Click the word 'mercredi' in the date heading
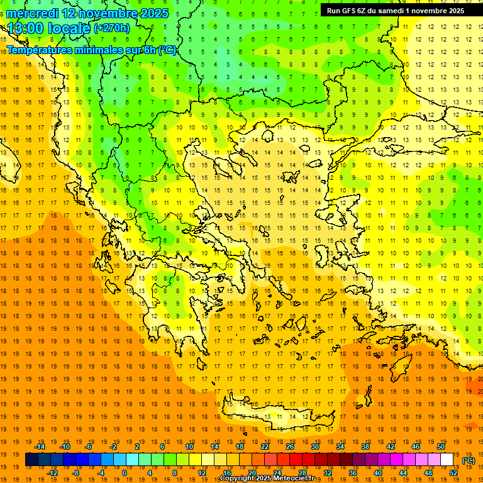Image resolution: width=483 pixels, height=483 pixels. [34, 13]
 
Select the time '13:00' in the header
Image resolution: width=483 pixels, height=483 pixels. [26, 28]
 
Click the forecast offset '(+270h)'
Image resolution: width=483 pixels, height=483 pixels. [112, 28]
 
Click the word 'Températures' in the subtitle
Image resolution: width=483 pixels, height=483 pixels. [39, 50]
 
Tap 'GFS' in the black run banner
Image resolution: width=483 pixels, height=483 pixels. [350, 11]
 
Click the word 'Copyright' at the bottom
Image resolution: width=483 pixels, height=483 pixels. [238, 479]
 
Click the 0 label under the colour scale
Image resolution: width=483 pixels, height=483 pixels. [125, 472]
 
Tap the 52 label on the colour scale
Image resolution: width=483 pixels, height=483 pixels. [453, 472]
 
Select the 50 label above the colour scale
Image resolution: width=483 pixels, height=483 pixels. [440, 447]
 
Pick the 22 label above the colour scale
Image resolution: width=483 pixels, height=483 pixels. [265, 447]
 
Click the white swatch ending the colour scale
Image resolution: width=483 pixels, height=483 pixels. [447, 460]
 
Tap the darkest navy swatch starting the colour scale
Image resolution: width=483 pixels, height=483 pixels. [31, 460]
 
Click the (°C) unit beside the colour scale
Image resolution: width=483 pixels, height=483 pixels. [469, 460]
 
